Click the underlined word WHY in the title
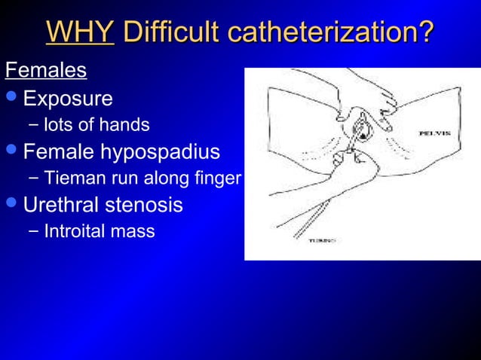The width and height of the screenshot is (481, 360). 80,32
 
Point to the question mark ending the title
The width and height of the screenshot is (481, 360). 427,32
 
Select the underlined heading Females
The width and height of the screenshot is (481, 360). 46,72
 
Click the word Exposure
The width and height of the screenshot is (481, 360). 68,99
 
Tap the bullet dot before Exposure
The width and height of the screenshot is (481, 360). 11,99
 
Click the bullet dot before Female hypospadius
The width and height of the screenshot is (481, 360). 11,151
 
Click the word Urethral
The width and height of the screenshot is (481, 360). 66,205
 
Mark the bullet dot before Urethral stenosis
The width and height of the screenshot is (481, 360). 11,205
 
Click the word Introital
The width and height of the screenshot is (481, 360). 74,231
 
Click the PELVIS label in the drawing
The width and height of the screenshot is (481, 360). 435,133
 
